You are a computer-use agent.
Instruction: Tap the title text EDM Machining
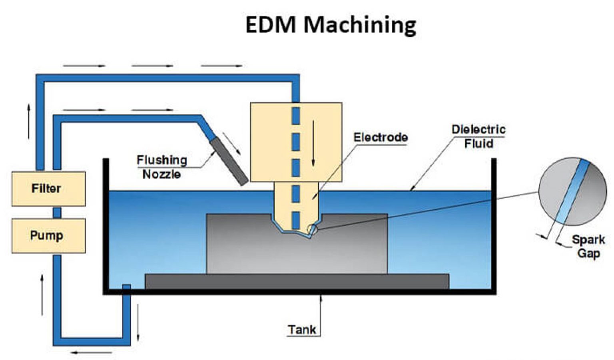tap(331, 25)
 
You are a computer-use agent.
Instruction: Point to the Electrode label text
tap(381, 137)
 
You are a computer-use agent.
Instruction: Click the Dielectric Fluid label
tap(478, 136)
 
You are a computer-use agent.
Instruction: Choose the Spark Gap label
tap(588, 246)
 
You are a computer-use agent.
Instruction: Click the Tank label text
tap(302, 330)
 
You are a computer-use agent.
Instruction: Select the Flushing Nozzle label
tap(162, 167)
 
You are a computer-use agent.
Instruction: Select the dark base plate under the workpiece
tap(297, 281)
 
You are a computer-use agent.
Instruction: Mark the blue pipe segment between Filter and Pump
tap(57, 212)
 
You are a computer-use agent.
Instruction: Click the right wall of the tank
tap(494, 224)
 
